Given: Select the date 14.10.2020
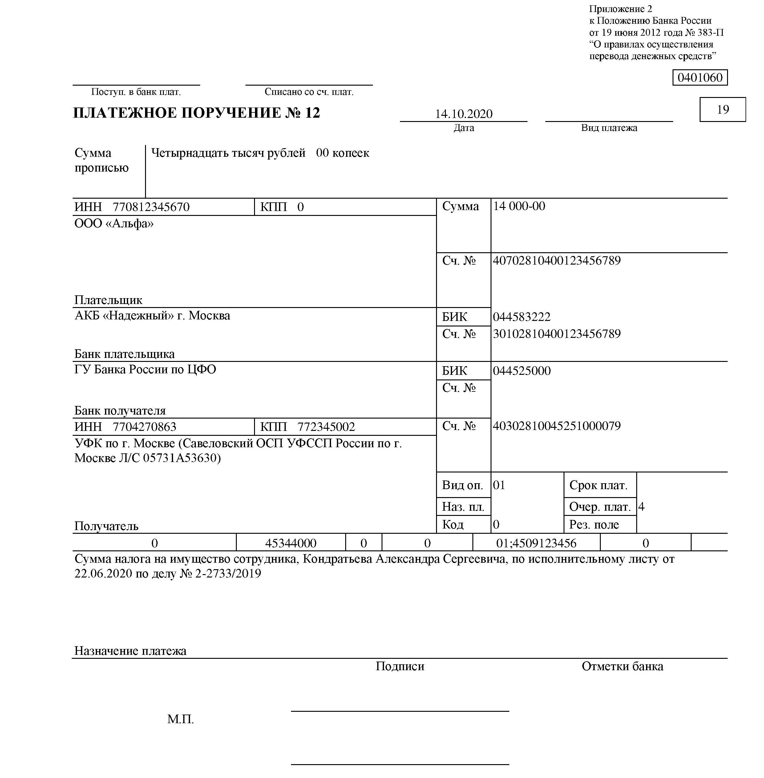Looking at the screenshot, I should (x=463, y=114).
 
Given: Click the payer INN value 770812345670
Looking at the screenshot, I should (x=151, y=207).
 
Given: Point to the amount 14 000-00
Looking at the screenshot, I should (x=519, y=206).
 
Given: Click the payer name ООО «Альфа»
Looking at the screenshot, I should (x=114, y=224).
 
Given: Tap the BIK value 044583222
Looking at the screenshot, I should (x=522, y=317).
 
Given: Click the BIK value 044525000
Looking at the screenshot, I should (x=522, y=371).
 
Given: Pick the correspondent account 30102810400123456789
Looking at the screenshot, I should (x=556, y=334).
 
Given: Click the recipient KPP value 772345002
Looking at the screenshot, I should (x=326, y=427).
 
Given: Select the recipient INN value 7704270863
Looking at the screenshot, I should (x=144, y=427).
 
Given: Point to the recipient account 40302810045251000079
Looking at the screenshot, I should (x=556, y=426).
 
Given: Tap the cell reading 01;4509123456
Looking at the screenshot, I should (x=536, y=543).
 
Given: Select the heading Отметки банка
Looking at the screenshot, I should (x=622, y=667).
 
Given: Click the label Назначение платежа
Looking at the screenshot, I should (x=130, y=651).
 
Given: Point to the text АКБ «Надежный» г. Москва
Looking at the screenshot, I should (x=152, y=316).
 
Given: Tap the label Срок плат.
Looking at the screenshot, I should (x=598, y=485).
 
